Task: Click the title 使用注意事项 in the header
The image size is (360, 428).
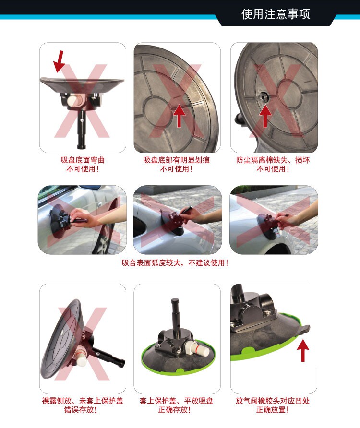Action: pyautogui.click(x=276, y=14)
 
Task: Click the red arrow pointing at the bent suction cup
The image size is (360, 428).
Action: pyautogui.click(x=59, y=61)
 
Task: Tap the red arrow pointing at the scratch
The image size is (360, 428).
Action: pyautogui.click(x=179, y=116)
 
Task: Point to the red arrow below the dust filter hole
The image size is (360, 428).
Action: pyautogui.click(x=264, y=116)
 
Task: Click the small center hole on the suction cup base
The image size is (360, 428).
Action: pyautogui.click(x=264, y=96)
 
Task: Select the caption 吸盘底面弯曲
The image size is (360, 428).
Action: pyautogui.click(x=83, y=160)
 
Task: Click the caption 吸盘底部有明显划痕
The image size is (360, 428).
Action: pyautogui.click(x=177, y=160)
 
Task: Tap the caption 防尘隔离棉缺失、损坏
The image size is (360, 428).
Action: pyautogui.click(x=273, y=160)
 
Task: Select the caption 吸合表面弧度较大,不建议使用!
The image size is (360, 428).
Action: pyautogui.click(x=175, y=263)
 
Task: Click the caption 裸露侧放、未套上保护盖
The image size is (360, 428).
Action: pyautogui.click(x=83, y=401)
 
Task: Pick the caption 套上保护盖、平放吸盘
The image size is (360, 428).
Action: pyautogui.click(x=176, y=401)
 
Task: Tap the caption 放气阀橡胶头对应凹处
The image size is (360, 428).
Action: pyautogui.click(x=273, y=401)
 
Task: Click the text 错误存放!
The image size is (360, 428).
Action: pyautogui.click(x=81, y=410)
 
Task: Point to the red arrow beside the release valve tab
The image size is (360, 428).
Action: pyautogui.click(x=303, y=350)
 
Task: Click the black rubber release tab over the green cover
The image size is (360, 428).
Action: pyautogui.click(x=305, y=329)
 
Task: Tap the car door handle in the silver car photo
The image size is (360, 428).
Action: pyautogui.click(x=100, y=204)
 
